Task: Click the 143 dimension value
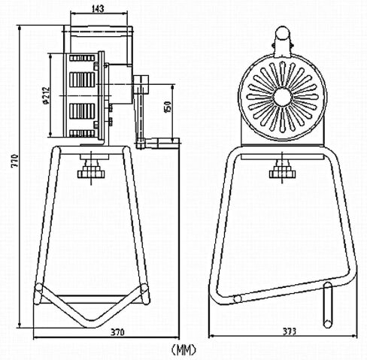pos(98,9)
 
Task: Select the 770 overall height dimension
pos(15,161)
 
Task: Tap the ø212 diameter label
pos(46,95)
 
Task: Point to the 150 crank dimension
pos(168,107)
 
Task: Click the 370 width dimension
pos(117,332)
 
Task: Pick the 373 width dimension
pos(290,331)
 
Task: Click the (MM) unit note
pos(183,349)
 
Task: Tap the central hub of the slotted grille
pos(282,97)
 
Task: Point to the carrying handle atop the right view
pos(283,41)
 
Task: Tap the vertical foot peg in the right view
pos(327,304)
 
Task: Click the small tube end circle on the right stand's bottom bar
pos(237,298)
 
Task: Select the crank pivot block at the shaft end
pos(141,85)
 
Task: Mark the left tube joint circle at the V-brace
pos(39,287)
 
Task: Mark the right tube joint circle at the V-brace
pos(144,288)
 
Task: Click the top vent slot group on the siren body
pos(82,58)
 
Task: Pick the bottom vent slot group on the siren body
pos(82,133)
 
